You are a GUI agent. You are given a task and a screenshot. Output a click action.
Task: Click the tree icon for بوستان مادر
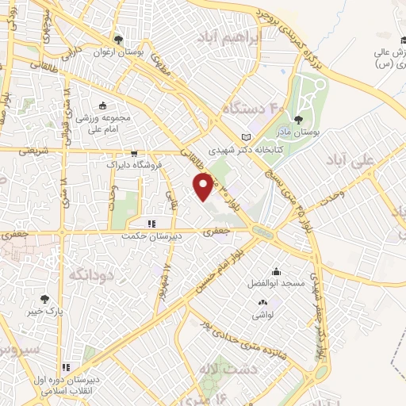(x=297, y=121)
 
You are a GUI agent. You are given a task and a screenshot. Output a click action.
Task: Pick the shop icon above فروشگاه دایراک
(x=134, y=154)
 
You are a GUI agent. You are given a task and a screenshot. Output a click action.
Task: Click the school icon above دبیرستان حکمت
(x=151, y=224)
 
